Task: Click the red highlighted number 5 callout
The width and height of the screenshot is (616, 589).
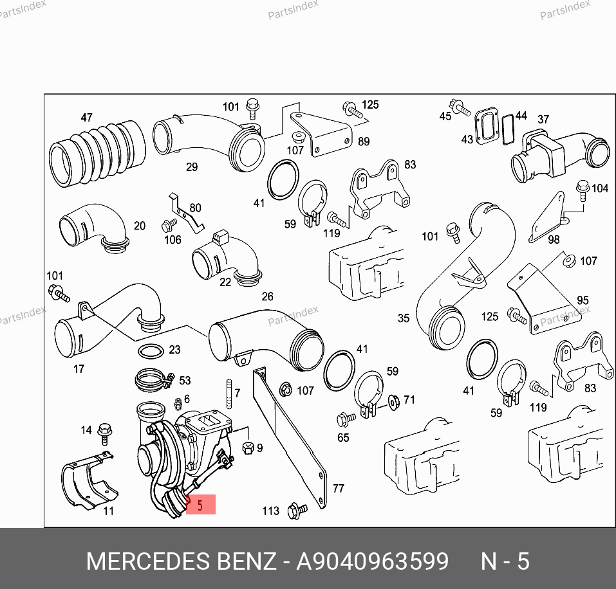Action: click(200, 504)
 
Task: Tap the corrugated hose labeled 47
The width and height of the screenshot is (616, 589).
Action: click(97, 154)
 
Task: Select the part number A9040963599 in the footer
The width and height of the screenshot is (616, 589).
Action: click(372, 561)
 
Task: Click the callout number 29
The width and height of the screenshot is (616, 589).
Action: click(192, 167)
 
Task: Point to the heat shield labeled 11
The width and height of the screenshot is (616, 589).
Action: click(89, 481)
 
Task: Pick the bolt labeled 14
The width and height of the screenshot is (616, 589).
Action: click(104, 433)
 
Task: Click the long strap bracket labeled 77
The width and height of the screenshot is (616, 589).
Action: click(290, 437)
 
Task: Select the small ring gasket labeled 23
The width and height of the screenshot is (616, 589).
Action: click(151, 351)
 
